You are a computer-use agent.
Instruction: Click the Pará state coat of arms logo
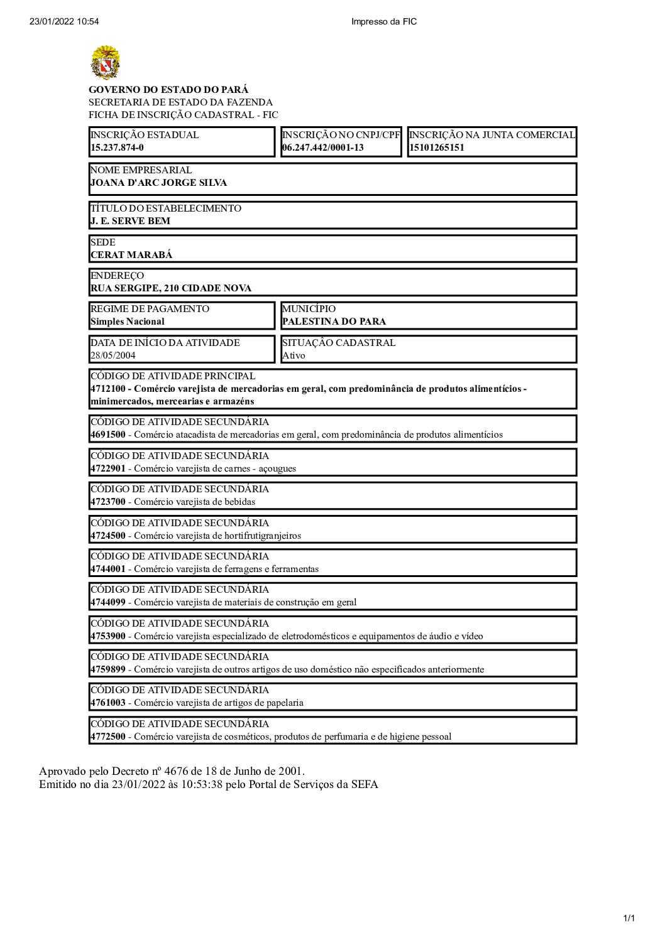pyautogui.click(x=106, y=62)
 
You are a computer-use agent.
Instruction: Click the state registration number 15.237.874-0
pyautogui.click(x=117, y=148)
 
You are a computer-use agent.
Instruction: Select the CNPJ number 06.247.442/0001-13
pyautogui.click(x=323, y=148)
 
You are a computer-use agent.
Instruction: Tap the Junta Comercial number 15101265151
pyautogui.click(x=437, y=148)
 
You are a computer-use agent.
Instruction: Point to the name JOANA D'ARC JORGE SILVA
pyautogui.click(x=159, y=183)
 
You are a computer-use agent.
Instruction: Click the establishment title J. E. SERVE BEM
pyautogui.click(x=130, y=221)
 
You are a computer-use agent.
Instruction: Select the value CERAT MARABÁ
pyautogui.click(x=131, y=255)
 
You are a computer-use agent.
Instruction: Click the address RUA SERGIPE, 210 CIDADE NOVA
pyautogui.click(x=171, y=288)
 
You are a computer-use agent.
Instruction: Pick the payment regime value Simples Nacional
pyautogui.click(x=128, y=321)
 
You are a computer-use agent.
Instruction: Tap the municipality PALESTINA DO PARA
pyautogui.click(x=334, y=321)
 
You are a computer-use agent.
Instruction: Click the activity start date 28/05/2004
pyautogui.click(x=113, y=355)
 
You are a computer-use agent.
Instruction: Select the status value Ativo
pyautogui.click(x=294, y=355)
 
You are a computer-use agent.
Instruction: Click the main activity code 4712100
pyautogui.click(x=108, y=389)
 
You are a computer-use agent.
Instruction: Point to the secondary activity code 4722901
pyautogui.click(x=108, y=468)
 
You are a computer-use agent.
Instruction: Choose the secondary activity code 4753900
pyautogui.click(x=108, y=636)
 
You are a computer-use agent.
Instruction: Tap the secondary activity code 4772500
pyautogui.click(x=108, y=737)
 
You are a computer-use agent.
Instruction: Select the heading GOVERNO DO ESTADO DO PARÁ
pyautogui.click(x=168, y=90)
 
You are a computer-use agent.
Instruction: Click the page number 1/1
pyautogui.click(x=629, y=919)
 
